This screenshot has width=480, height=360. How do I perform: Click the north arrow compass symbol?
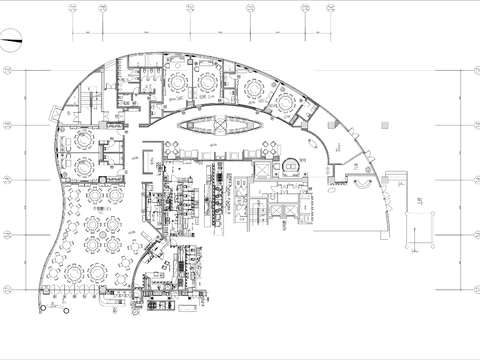coord(13,42)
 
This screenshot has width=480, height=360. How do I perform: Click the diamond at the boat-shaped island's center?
coord(217,126)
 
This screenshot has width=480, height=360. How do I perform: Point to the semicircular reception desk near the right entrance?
coord(357,182)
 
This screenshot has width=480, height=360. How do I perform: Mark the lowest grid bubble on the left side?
coord(7,291)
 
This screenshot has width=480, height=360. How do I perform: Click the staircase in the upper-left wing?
coord(88,104)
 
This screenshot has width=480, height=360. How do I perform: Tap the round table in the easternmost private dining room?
coord(286,102)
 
